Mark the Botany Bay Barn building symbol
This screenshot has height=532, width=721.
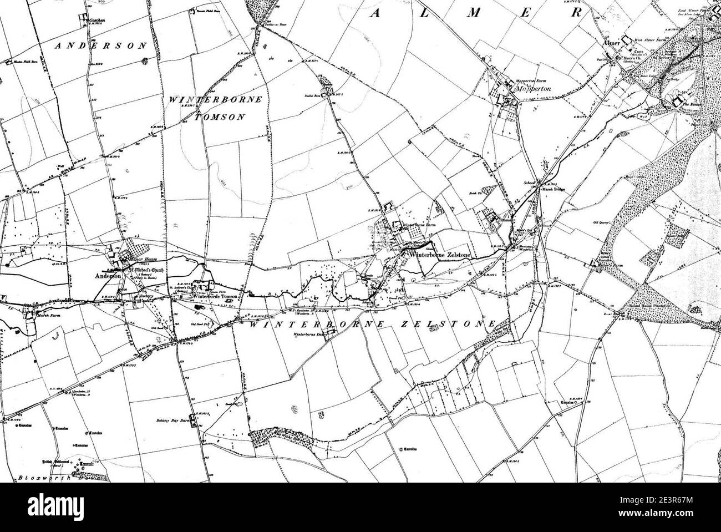click(193, 418)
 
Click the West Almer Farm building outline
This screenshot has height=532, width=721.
click(628, 40)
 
